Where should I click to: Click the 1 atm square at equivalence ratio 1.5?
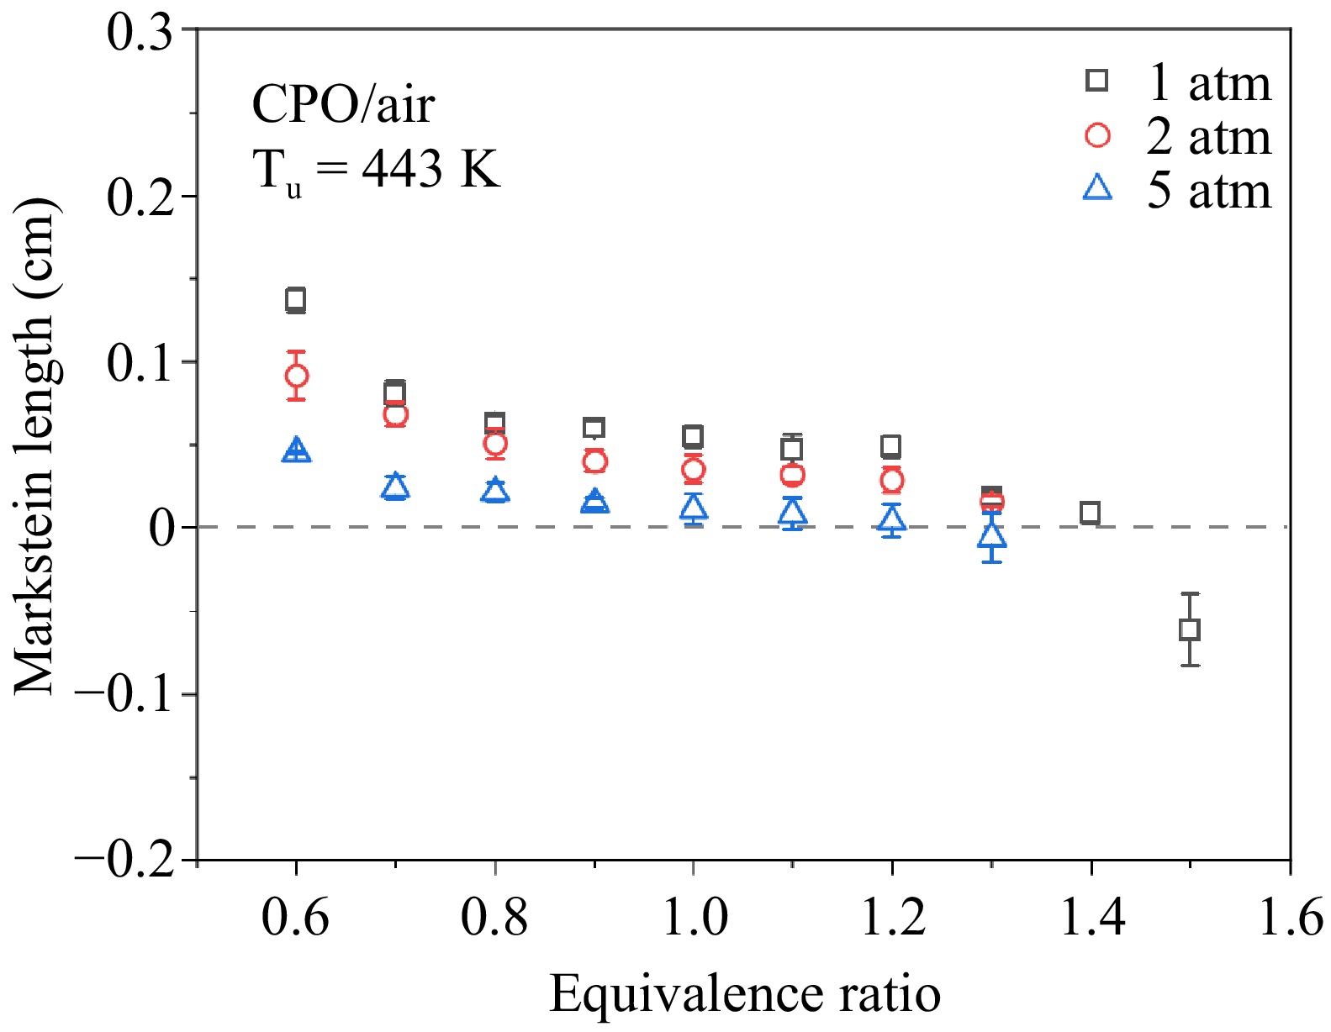pos(1189,629)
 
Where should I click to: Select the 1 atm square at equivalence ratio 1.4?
pos(1090,513)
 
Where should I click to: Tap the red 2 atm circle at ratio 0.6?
pos(296,376)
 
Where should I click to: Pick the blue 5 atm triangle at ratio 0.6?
pos(296,450)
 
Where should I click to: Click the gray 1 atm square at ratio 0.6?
pos(296,300)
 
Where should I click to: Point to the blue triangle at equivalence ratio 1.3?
pos(992,535)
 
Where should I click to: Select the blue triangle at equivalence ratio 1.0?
pos(693,507)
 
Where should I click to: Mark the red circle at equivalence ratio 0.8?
pos(495,444)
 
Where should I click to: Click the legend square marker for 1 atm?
pos(1097,81)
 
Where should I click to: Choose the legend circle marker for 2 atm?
pos(1097,135)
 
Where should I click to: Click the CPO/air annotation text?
pos(343,105)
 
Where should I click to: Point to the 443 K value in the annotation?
pos(430,169)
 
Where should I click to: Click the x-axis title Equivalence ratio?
pos(744,994)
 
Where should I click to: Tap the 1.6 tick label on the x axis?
pos(1289,916)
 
